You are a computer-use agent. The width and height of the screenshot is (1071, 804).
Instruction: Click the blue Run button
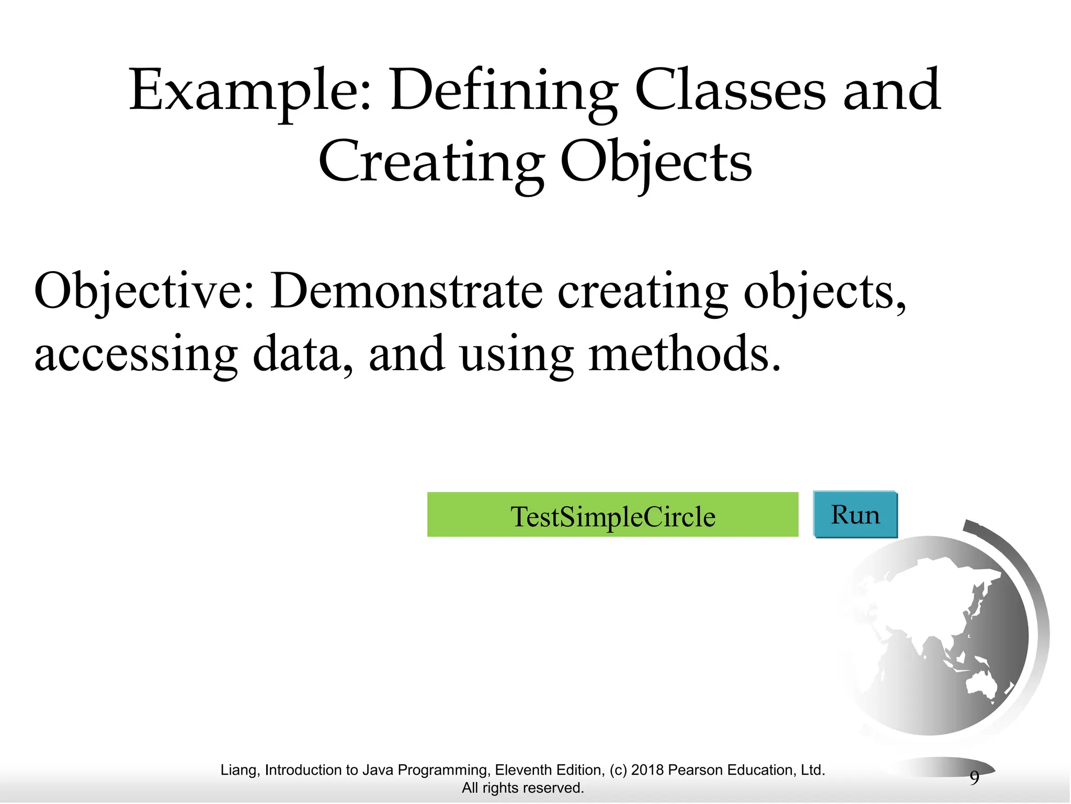coord(856,515)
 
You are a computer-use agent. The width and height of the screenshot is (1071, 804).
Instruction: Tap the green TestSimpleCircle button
coord(612,515)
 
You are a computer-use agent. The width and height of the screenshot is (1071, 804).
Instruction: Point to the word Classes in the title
coord(730,90)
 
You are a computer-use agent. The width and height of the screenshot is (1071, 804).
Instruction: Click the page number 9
coord(974,778)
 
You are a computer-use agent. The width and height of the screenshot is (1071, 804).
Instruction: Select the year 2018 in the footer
coord(647,770)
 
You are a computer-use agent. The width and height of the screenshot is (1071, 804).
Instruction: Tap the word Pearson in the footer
coord(696,770)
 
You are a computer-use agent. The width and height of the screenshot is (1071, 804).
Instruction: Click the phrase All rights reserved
coord(522,788)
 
